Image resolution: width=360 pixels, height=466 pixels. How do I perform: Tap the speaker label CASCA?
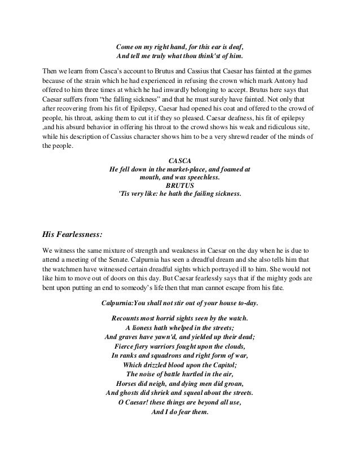point(179,160)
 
